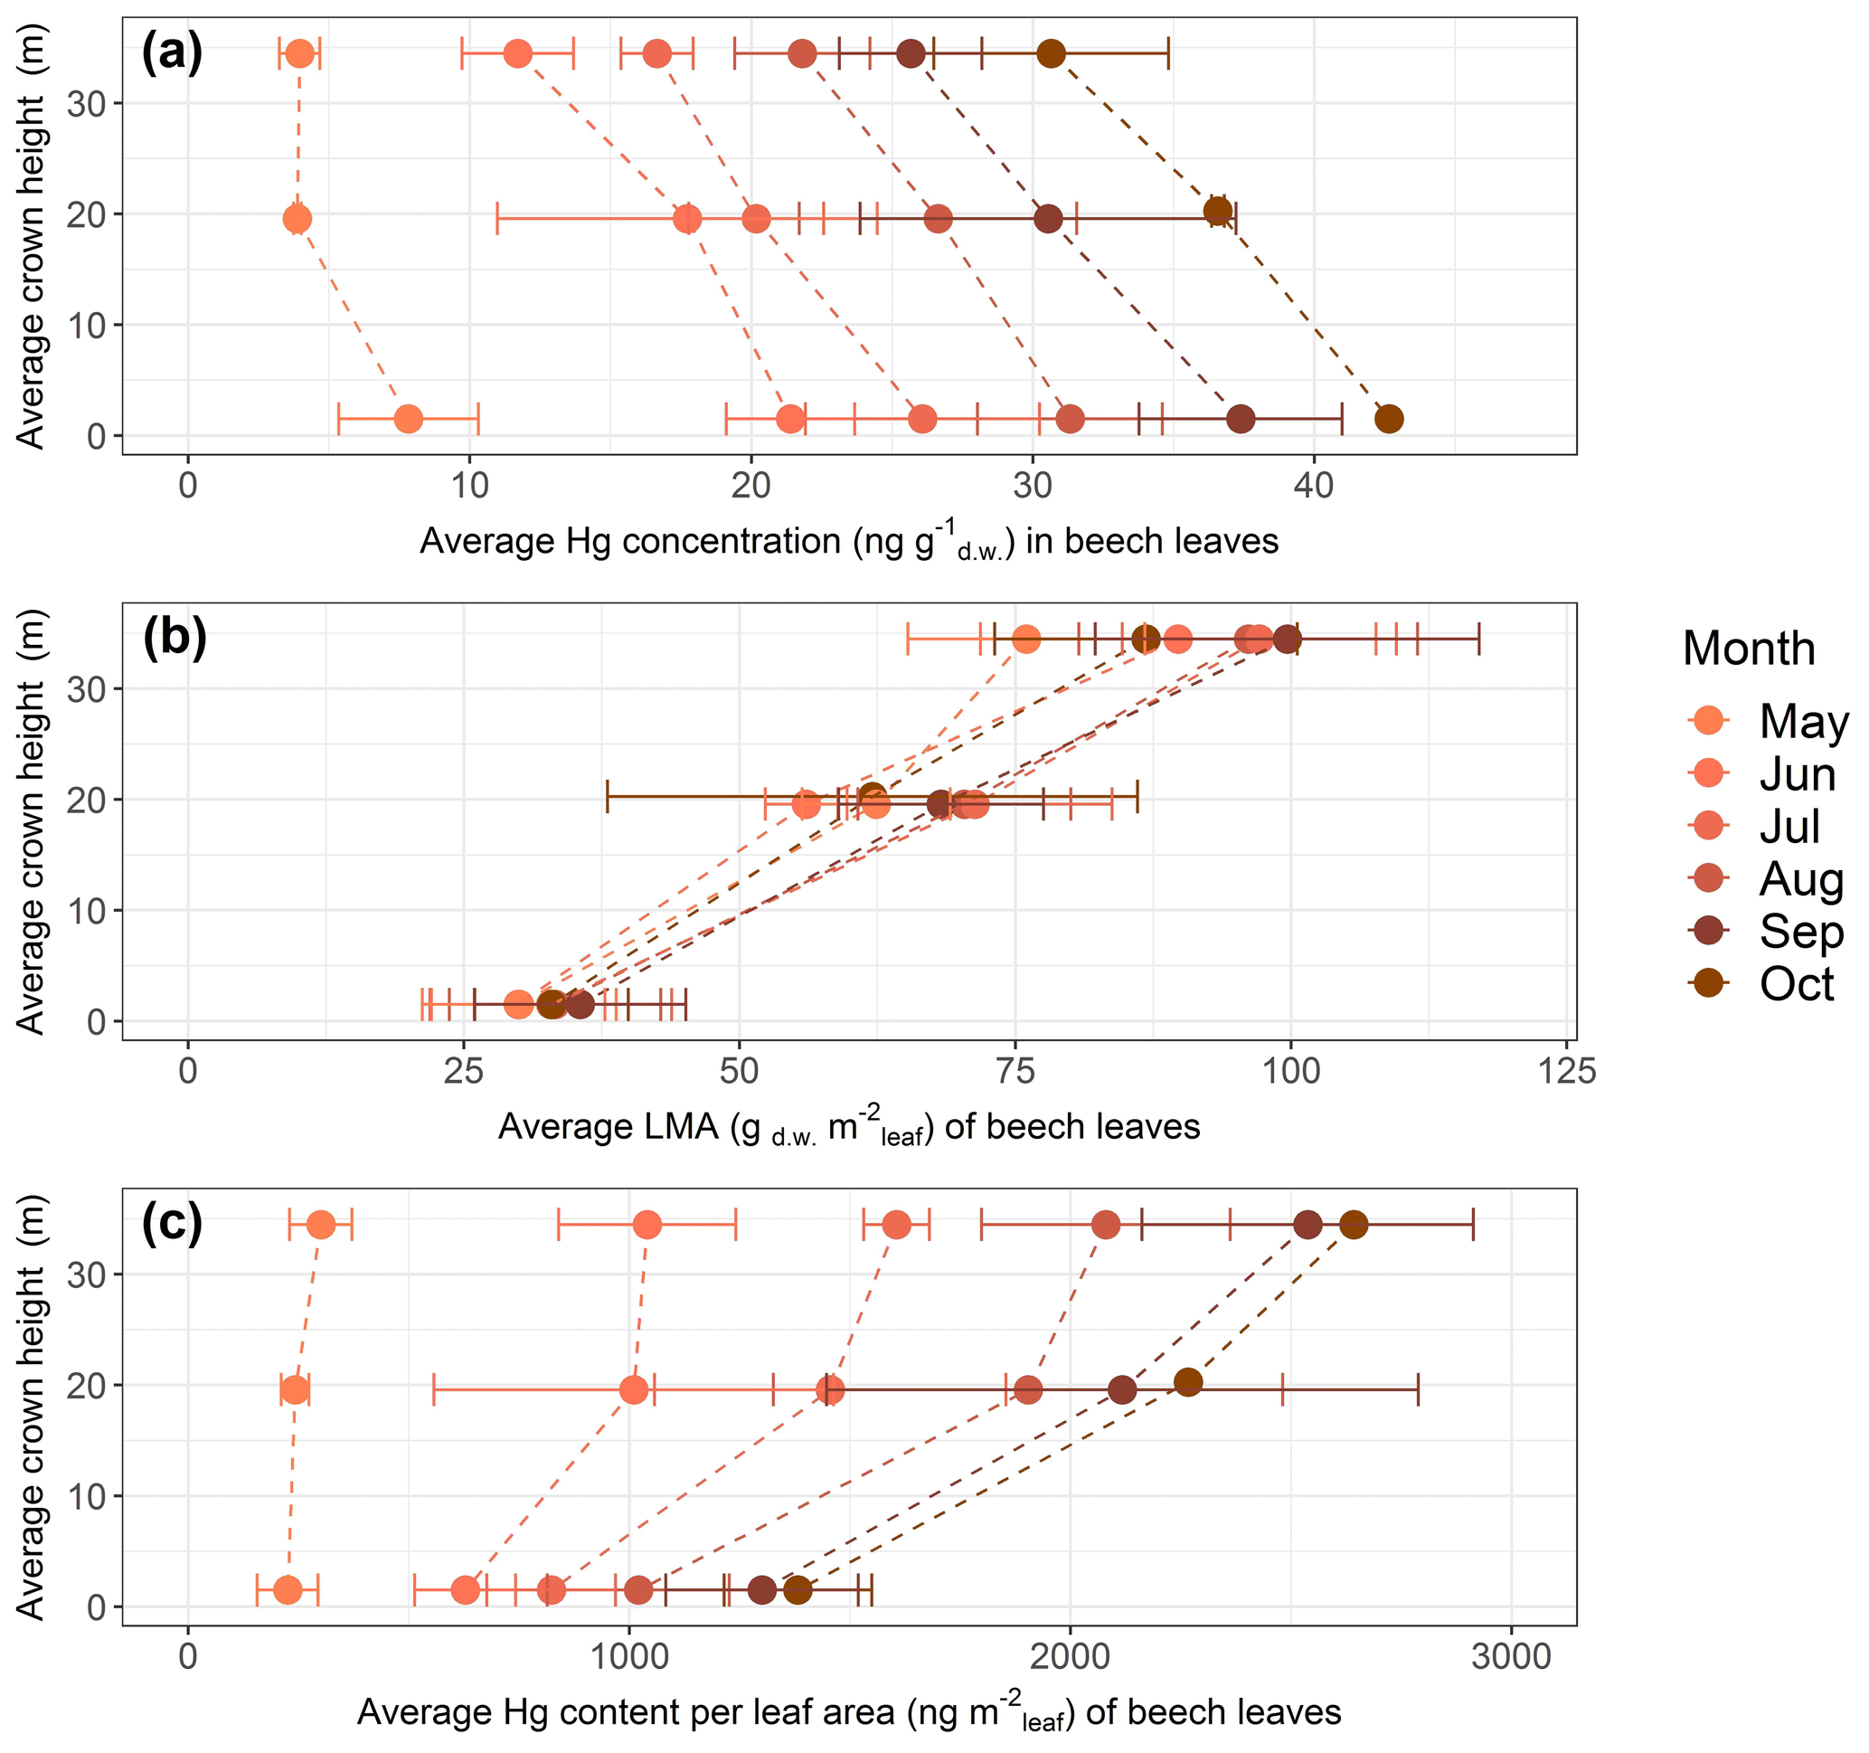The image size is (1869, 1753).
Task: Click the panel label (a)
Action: coord(171,52)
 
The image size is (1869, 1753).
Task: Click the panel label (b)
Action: coord(174,638)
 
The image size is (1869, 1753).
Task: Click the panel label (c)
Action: coord(171,1223)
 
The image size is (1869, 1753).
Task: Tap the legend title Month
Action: coord(1749,649)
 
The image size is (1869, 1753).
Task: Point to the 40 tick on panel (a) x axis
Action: coord(1314,485)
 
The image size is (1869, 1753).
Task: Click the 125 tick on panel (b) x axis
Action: coord(1566,1071)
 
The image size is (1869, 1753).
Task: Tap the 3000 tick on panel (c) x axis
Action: coord(1511,1656)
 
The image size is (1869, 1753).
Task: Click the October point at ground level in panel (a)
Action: coord(1389,419)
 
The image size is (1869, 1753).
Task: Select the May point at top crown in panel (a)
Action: coord(300,53)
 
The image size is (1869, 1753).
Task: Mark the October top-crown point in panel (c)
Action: coord(1353,1225)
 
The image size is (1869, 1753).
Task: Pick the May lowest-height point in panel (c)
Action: coord(288,1590)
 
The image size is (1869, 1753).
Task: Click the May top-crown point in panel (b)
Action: coord(1026,640)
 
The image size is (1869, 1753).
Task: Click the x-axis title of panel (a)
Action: coord(848,542)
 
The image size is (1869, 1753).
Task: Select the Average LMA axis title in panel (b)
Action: coord(848,1127)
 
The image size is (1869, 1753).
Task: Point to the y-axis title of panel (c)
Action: coord(30,1407)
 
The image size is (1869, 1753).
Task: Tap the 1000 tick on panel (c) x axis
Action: coord(629,1656)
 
